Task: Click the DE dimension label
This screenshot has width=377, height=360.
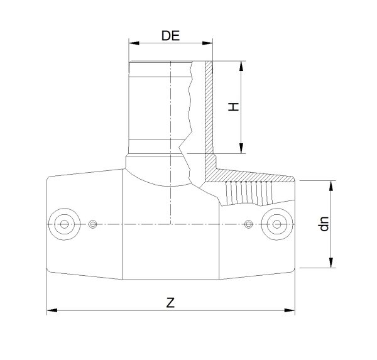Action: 170,36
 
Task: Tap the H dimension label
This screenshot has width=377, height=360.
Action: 233,107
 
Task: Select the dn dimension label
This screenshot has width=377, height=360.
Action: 324,224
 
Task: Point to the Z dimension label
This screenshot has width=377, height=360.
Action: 170,303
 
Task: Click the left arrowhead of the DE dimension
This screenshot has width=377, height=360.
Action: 134,43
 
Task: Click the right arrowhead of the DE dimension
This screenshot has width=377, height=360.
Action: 207,43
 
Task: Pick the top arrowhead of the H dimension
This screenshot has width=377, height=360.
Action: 241,66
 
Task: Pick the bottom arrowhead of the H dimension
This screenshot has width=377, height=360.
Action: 241,148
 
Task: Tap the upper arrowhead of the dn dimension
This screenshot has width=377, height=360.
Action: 331,185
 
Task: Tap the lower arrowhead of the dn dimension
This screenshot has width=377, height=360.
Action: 331,263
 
